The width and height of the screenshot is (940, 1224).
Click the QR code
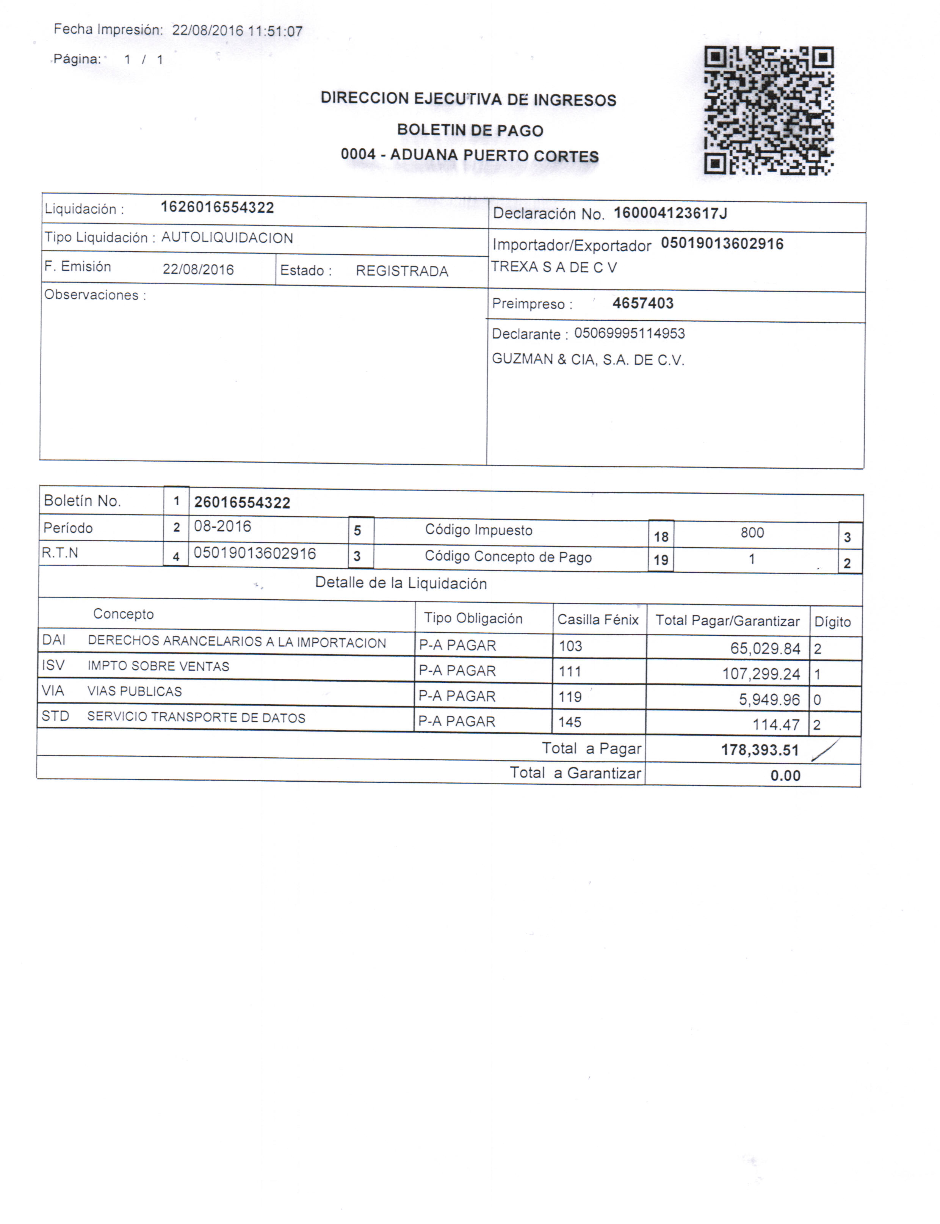(x=768, y=110)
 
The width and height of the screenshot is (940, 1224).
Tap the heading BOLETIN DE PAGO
(x=470, y=130)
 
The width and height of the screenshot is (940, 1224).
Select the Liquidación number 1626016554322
(x=217, y=208)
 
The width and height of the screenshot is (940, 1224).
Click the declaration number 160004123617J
(x=670, y=213)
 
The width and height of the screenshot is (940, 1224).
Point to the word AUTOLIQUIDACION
(x=227, y=238)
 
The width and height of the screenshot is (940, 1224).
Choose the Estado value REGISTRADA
(x=402, y=271)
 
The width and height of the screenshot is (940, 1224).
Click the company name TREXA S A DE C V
(x=554, y=267)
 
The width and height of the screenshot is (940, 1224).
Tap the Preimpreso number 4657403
(x=643, y=303)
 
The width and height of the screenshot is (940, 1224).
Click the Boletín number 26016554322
(x=242, y=502)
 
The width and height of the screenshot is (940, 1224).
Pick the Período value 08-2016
(x=222, y=527)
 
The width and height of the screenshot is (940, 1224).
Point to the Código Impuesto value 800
(x=752, y=533)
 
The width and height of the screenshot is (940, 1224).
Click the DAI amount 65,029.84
(x=765, y=648)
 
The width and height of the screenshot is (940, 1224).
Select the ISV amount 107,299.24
(x=761, y=674)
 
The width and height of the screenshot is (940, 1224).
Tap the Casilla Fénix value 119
(x=570, y=696)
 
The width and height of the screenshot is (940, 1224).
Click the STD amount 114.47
(x=775, y=724)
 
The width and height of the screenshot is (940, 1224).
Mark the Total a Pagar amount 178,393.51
(x=760, y=750)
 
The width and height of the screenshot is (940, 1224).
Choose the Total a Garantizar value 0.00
(x=785, y=775)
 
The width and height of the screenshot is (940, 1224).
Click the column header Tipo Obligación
(x=473, y=618)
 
